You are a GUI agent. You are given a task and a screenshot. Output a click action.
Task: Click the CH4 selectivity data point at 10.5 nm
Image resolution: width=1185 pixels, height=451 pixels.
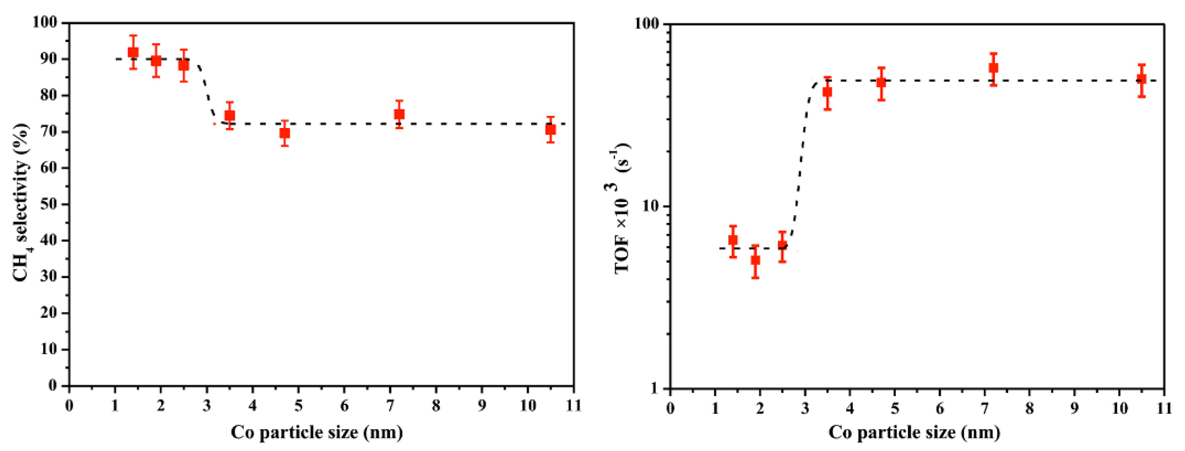[x=550, y=130]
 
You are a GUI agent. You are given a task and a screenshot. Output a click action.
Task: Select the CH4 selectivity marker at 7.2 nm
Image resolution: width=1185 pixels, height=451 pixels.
[x=399, y=114]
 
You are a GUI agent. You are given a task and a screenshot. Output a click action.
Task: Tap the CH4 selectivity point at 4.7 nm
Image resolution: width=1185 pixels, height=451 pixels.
[x=285, y=133]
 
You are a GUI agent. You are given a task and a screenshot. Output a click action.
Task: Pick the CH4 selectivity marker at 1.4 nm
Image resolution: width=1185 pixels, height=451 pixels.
[x=133, y=52]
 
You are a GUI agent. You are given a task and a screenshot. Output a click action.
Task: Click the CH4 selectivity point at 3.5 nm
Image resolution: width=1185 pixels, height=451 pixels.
[x=229, y=115]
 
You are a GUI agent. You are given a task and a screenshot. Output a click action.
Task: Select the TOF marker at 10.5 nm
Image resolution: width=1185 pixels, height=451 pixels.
[x=1141, y=79]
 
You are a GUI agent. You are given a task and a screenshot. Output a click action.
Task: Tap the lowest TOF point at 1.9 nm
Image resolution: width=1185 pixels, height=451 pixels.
[x=755, y=260]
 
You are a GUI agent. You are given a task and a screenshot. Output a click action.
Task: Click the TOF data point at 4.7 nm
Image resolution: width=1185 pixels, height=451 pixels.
[x=881, y=83]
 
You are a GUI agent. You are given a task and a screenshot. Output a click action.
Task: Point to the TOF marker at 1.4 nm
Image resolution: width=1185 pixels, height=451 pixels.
[x=733, y=240]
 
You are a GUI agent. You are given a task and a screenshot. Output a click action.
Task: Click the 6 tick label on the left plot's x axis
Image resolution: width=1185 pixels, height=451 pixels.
[x=344, y=405]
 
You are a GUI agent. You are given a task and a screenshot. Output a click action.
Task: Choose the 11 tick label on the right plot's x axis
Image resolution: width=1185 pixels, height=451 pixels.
[x=1164, y=407]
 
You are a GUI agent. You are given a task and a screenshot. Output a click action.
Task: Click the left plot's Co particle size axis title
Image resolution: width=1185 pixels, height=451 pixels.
[x=317, y=432]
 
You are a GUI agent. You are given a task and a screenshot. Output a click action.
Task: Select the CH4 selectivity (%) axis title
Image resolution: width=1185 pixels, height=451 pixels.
[x=21, y=202]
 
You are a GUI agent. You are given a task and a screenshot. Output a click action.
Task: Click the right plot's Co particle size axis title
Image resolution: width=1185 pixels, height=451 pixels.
[x=914, y=432]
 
